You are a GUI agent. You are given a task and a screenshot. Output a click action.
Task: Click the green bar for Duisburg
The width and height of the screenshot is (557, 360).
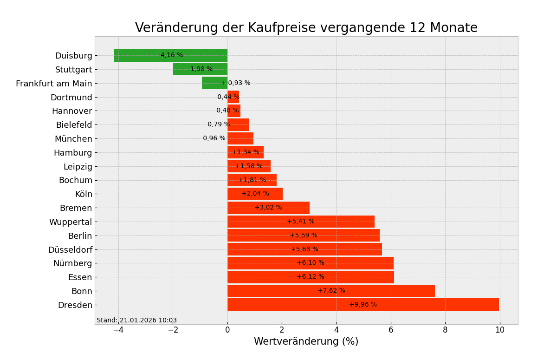[139, 55]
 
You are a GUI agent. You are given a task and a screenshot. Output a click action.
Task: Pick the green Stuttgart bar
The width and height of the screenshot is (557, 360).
[181, 69]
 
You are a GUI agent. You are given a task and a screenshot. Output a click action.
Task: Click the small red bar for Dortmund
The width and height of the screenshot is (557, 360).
[233, 97]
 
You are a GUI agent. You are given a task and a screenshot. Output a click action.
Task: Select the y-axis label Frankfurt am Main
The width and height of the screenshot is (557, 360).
[54, 84]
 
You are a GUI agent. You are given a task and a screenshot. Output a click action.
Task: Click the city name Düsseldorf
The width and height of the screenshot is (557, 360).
[70, 250]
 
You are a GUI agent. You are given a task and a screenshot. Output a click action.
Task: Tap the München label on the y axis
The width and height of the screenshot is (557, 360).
[73, 139]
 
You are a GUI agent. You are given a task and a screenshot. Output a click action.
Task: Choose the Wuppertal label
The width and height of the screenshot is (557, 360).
[71, 222]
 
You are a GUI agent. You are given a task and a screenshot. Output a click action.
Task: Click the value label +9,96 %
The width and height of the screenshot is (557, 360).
[363, 305]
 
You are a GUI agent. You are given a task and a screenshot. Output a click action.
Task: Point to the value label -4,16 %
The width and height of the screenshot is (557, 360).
[170, 55]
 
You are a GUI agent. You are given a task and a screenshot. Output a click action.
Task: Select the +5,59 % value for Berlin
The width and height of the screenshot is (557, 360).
[304, 236]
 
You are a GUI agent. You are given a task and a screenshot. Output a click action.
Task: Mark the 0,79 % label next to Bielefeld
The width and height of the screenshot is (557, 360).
[219, 124]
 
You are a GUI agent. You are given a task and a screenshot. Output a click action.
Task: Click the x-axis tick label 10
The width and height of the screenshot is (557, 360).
[499, 330]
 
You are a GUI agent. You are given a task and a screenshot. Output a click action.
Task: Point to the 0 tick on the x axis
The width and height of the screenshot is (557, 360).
[227, 330]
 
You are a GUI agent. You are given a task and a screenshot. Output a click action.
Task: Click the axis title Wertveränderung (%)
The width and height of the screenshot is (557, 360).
[306, 342]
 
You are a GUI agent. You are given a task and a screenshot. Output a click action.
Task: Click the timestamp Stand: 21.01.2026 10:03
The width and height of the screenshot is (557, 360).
[136, 321]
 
